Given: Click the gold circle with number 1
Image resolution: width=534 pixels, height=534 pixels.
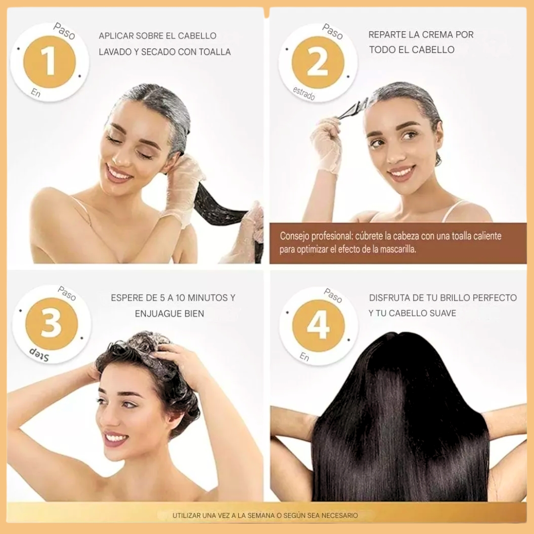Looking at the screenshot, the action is pos(49,62).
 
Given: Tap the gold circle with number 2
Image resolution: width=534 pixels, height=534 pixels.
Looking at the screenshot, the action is pos(318,62).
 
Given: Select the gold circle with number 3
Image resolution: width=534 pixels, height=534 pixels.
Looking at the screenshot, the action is pos(52,323).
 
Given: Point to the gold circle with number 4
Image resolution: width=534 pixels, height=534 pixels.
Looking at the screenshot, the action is pos(318,326).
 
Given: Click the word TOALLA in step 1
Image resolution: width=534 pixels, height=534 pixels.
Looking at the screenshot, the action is pos(215,52).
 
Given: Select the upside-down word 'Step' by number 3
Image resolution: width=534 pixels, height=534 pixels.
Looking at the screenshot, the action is pos(39,354).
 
